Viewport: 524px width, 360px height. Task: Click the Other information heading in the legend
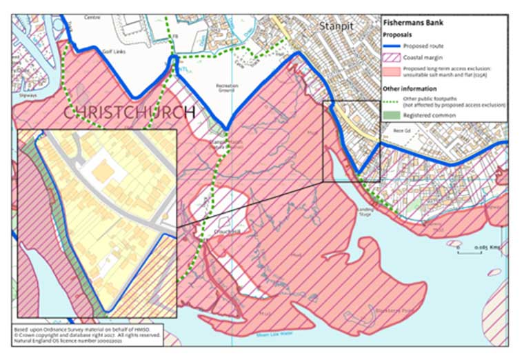tap(412, 89)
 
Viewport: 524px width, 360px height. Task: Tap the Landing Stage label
tap(365, 212)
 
